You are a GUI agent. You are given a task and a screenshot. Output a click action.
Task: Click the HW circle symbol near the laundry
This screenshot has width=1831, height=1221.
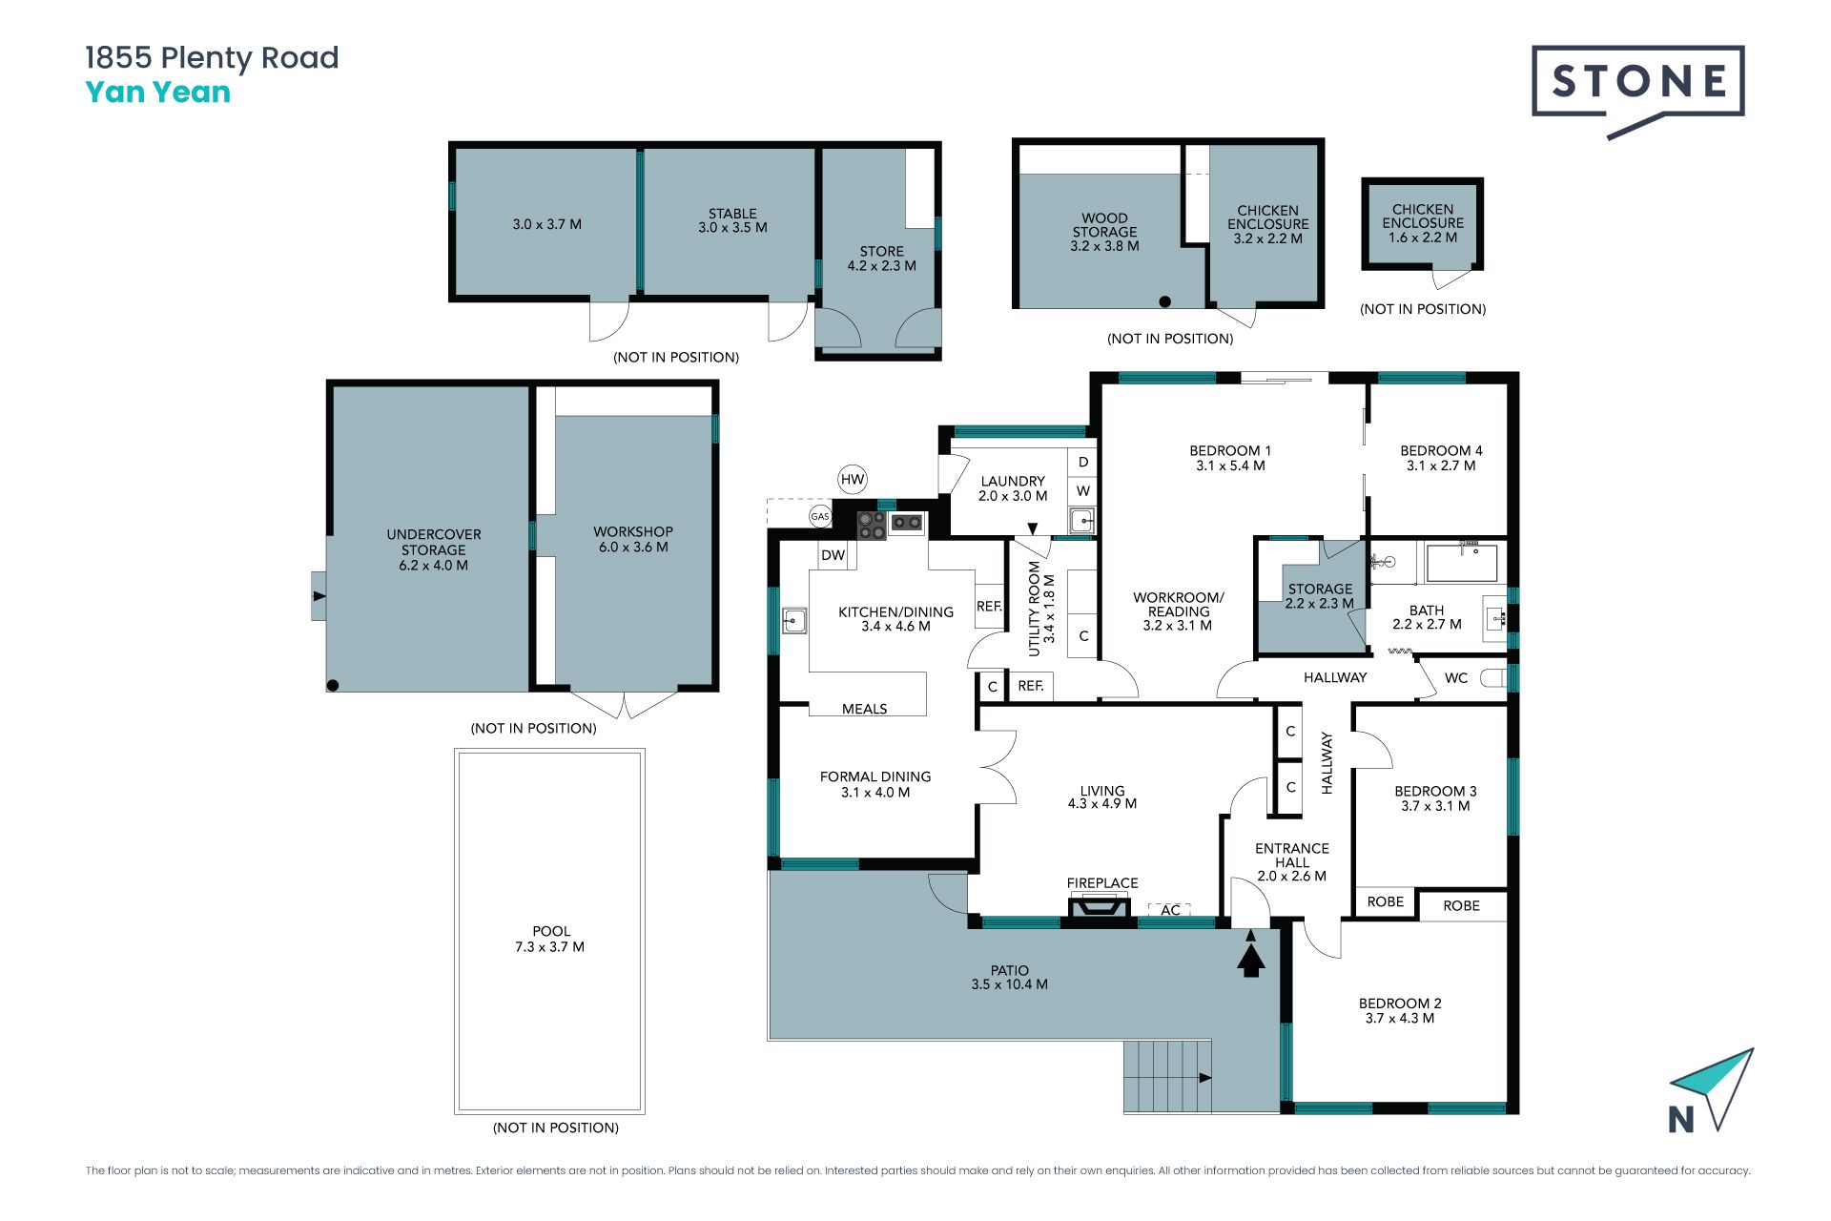(853, 480)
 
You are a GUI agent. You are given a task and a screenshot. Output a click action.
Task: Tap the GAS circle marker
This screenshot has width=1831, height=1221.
(820, 516)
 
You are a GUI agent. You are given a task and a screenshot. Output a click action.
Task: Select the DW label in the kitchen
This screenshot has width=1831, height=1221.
(833, 555)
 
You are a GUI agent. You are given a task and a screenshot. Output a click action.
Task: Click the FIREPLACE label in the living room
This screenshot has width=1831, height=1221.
(1102, 883)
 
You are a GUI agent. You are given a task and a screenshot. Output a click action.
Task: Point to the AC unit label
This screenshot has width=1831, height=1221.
(1170, 910)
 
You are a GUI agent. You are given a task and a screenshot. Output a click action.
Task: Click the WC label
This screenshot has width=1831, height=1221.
(1456, 678)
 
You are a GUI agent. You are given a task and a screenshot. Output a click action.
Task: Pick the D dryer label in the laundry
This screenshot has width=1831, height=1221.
(1083, 463)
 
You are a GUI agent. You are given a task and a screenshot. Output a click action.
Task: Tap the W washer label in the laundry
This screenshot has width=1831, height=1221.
(1083, 491)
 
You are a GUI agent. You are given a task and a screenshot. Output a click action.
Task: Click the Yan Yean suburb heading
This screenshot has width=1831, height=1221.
(158, 93)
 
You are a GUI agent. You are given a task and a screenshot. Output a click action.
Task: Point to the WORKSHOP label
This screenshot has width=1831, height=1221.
(633, 531)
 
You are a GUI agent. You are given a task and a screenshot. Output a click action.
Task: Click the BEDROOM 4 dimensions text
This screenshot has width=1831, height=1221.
(1441, 466)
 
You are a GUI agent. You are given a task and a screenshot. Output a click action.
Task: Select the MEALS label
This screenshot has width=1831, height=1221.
(864, 709)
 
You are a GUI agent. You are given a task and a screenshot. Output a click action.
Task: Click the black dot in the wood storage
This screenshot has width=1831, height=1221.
(1164, 301)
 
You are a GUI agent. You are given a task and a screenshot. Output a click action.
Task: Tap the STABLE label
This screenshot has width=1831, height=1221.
(732, 214)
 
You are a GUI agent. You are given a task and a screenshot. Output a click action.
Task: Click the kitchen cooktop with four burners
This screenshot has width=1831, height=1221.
(872, 526)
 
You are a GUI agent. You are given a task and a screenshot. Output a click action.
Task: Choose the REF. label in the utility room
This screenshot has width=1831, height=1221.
(1031, 686)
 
